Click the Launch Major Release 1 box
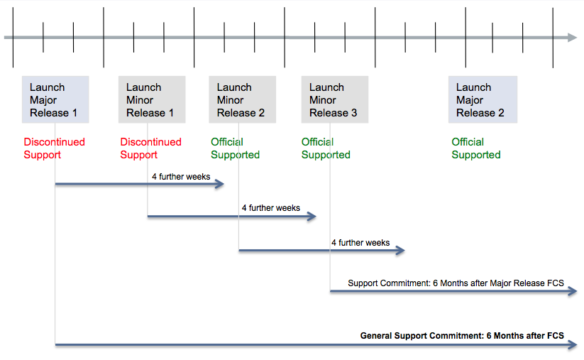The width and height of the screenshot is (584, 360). [55, 99]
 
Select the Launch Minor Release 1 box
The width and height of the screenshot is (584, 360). [152, 99]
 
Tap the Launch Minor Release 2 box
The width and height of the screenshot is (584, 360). [243, 99]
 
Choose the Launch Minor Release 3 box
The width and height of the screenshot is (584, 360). [335, 99]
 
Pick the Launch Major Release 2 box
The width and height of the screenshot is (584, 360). [483, 99]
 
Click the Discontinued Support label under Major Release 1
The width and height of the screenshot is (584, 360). [55, 148]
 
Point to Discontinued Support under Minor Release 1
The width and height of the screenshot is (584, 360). [151, 148]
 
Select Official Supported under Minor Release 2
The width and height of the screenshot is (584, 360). [235, 148]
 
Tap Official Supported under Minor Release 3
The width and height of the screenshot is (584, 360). [326, 148]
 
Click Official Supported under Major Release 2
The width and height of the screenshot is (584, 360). [476, 148]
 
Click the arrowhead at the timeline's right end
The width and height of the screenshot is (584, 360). [573, 37]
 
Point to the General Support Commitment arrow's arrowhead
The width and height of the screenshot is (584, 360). [573, 344]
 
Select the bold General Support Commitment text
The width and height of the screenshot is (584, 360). [462, 336]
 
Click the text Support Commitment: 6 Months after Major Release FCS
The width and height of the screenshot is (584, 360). [456, 283]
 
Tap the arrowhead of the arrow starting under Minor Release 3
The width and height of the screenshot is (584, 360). [573, 291]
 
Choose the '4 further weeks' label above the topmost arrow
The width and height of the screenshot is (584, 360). [181, 177]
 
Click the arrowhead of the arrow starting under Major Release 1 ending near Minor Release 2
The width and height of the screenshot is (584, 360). [220, 184]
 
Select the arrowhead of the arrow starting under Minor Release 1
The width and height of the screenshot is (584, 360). [312, 216]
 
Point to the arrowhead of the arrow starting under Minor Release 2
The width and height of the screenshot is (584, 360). [400, 250]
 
